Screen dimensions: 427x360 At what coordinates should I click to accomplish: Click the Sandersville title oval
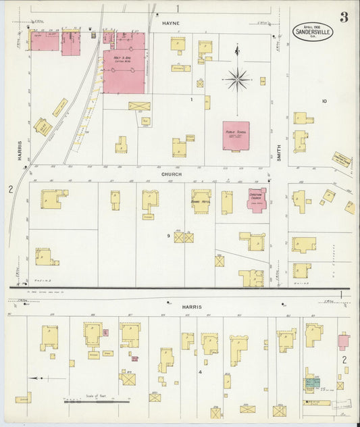(x=312, y=32)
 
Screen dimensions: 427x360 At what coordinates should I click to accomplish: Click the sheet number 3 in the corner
(x=344, y=17)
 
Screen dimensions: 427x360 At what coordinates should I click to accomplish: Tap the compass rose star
(x=237, y=79)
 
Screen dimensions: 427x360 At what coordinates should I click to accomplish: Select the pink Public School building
(x=236, y=136)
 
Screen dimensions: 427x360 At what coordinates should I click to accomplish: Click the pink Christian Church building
(x=257, y=200)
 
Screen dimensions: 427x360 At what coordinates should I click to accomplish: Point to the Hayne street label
(x=169, y=23)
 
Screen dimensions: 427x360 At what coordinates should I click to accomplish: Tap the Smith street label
(x=278, y=155)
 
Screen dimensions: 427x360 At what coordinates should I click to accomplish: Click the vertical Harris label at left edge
(x=20, y=151)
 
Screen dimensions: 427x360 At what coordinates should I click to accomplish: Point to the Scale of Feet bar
(x=95, y=402)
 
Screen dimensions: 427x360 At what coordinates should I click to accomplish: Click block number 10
(x=324, y=101)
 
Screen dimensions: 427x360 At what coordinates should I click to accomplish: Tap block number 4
(x=200, y=372)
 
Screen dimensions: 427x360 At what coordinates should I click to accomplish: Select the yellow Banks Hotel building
(x=201, y=201)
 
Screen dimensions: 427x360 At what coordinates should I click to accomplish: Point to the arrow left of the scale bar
(x=38, y=378)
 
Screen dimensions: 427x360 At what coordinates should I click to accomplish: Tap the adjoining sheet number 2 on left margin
(x=10, y=190)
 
